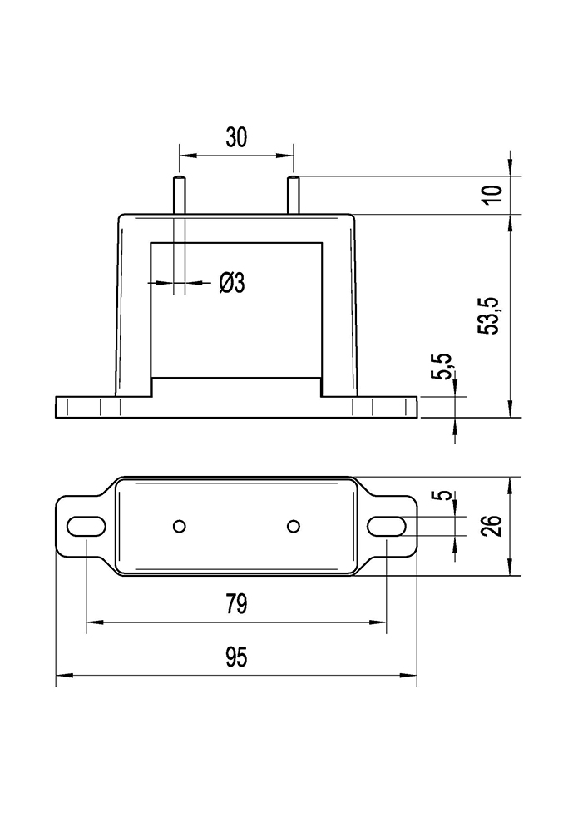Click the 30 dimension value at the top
click(x=236, y=138)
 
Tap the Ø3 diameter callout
click(x=232, y=284)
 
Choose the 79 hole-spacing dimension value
click(x=236, y=604)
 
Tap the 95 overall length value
click(x=236, y=658)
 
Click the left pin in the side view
click(x=179, y=195)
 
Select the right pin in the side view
click(x=293, y=195)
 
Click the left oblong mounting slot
click(x=86, y=526)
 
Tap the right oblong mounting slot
click(x=387, y=526)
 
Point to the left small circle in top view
click(x=179, y=525)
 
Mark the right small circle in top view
click(x=293, y=525)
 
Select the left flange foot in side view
click(x=83, y=407)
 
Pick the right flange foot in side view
click(x=388, y=407)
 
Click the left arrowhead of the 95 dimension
click(x=61, y=675)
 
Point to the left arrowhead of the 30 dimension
click(x=185, y=155)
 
